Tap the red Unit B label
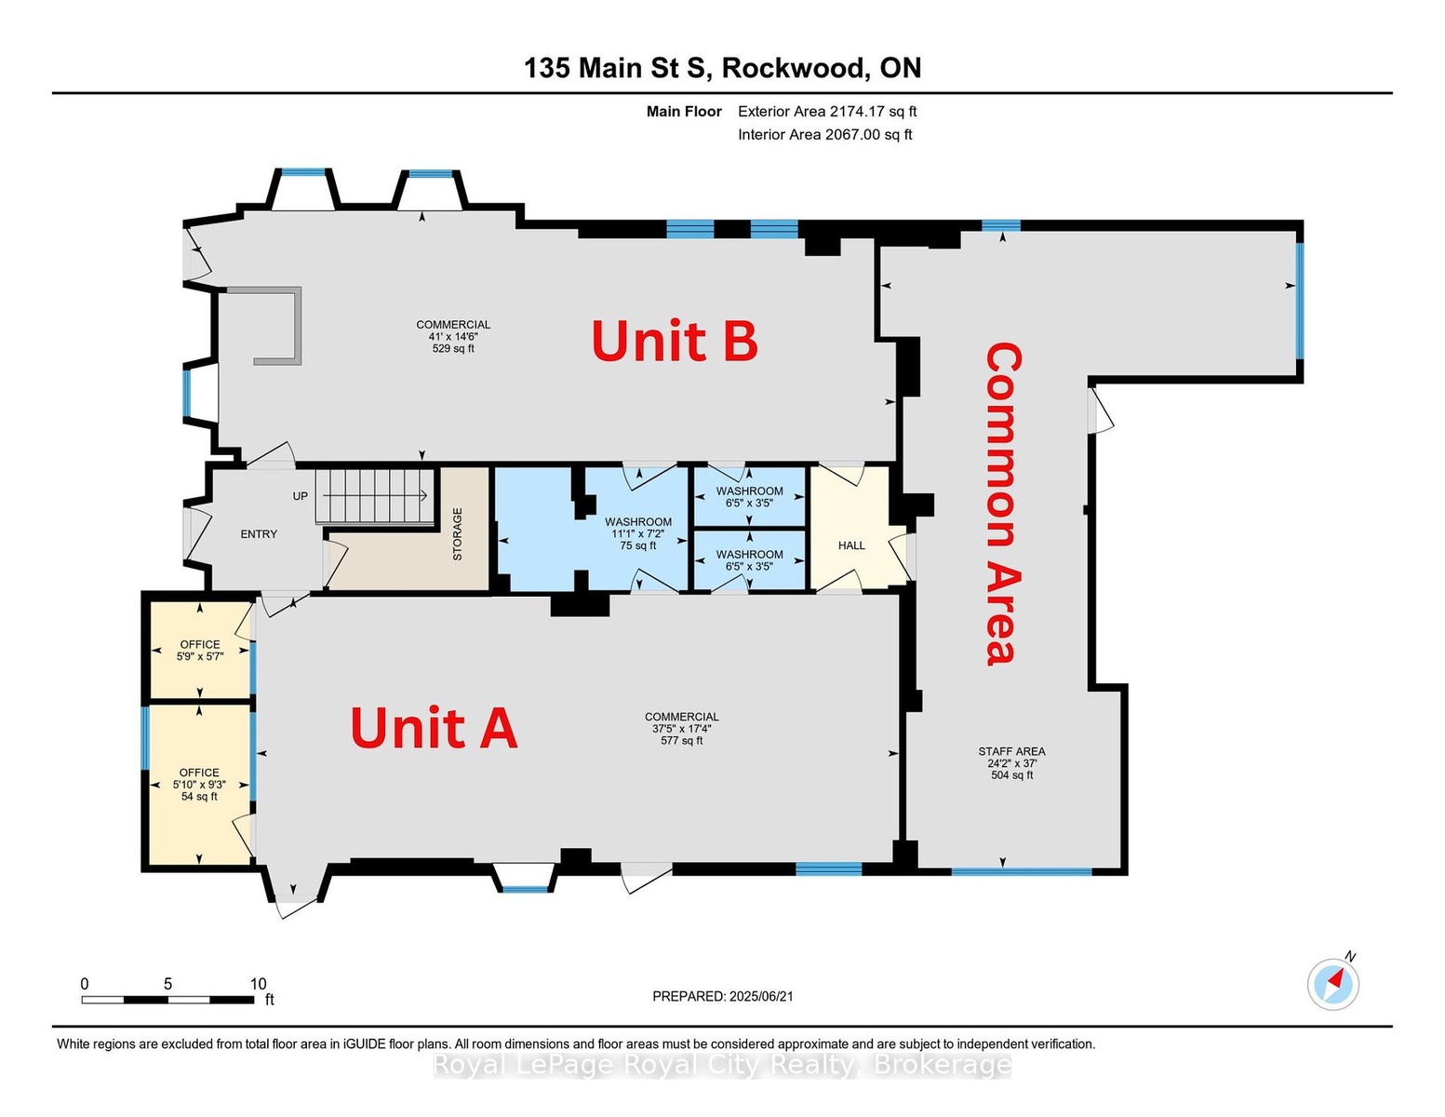tap(675, 340)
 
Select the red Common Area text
tap(1002, 504)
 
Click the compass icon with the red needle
tap(1332, 984)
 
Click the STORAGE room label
tap(458, 534)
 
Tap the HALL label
tap(851, 545)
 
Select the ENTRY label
tap(259, 534)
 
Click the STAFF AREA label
tap(1011, 751)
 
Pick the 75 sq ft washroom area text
tap(637, 545)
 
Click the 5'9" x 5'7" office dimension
tap(200, 656)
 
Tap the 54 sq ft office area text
tap(199, 797)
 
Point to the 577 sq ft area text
tap(682, 740)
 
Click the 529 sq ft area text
tap(453, 349)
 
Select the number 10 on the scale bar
tap(258, 984)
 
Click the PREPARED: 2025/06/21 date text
tap(723, 997)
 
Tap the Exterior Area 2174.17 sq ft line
tap(827, 112)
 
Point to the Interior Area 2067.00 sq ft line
tap(825, 135)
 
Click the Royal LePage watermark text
tap(722, 1066)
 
